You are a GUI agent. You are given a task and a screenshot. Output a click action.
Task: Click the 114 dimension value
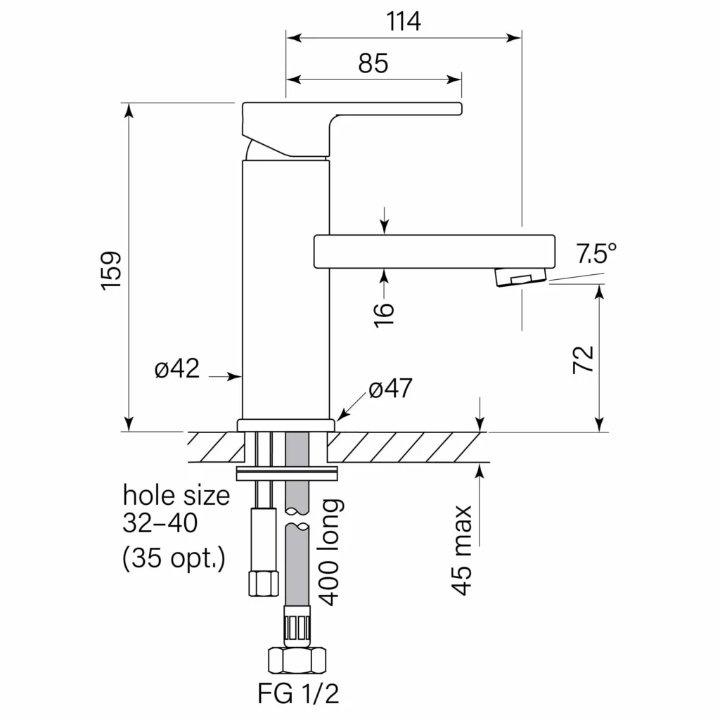click(404, 22)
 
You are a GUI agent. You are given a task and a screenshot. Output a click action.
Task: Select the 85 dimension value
click(373, 63)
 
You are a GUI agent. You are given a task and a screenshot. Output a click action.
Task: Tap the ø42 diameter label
click(177, 368)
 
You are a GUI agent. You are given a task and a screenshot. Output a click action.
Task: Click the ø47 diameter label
click(390, 388)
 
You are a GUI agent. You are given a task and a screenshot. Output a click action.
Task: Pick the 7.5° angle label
click(596, 253)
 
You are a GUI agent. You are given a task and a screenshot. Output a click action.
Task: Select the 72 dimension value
click(584, 359)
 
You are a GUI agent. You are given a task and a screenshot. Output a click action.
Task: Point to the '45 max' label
click(461, 550)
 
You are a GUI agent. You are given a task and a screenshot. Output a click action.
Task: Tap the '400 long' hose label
click(330, 552)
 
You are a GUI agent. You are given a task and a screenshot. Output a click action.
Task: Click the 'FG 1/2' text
click(298, 694)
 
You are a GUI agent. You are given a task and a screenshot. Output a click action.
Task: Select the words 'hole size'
click(176, 496)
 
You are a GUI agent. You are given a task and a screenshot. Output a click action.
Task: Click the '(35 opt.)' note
click(174, 560)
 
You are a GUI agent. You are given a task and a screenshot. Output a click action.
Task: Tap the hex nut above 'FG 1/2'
click(297, 660)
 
